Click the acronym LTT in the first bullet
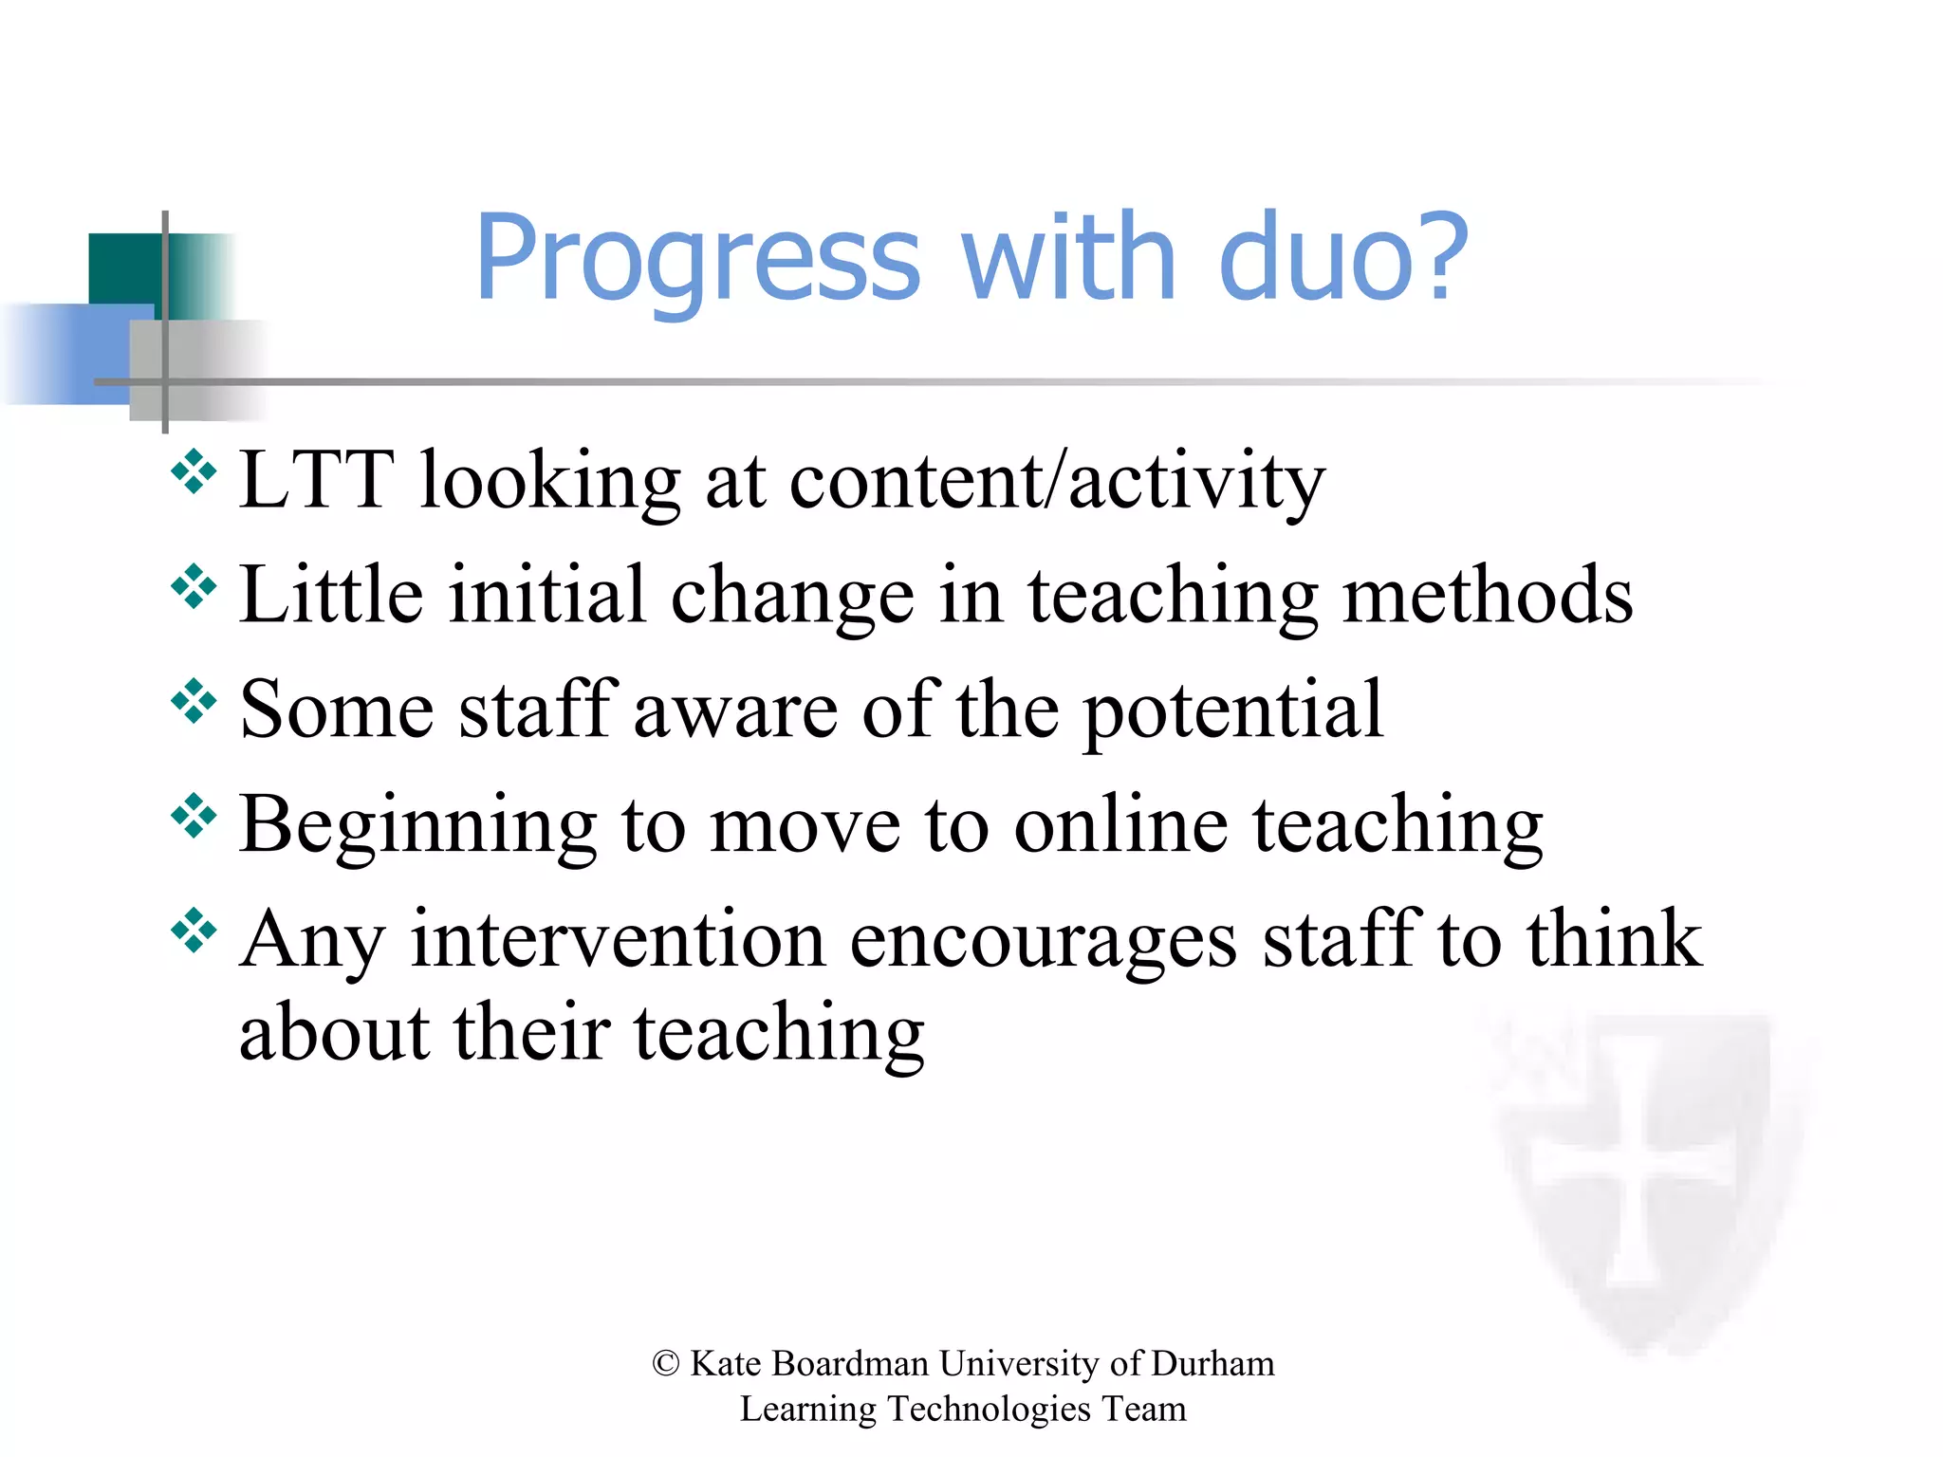[x=316, y=480]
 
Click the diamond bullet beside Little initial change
[x=194, y=587]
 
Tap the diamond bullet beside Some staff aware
[x=194, y=702]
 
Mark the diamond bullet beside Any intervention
[x=194, y=931]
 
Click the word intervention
[x=617, y=939]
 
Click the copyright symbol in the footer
[x=666, y=1364]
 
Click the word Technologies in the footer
[x=989, y=1410]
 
